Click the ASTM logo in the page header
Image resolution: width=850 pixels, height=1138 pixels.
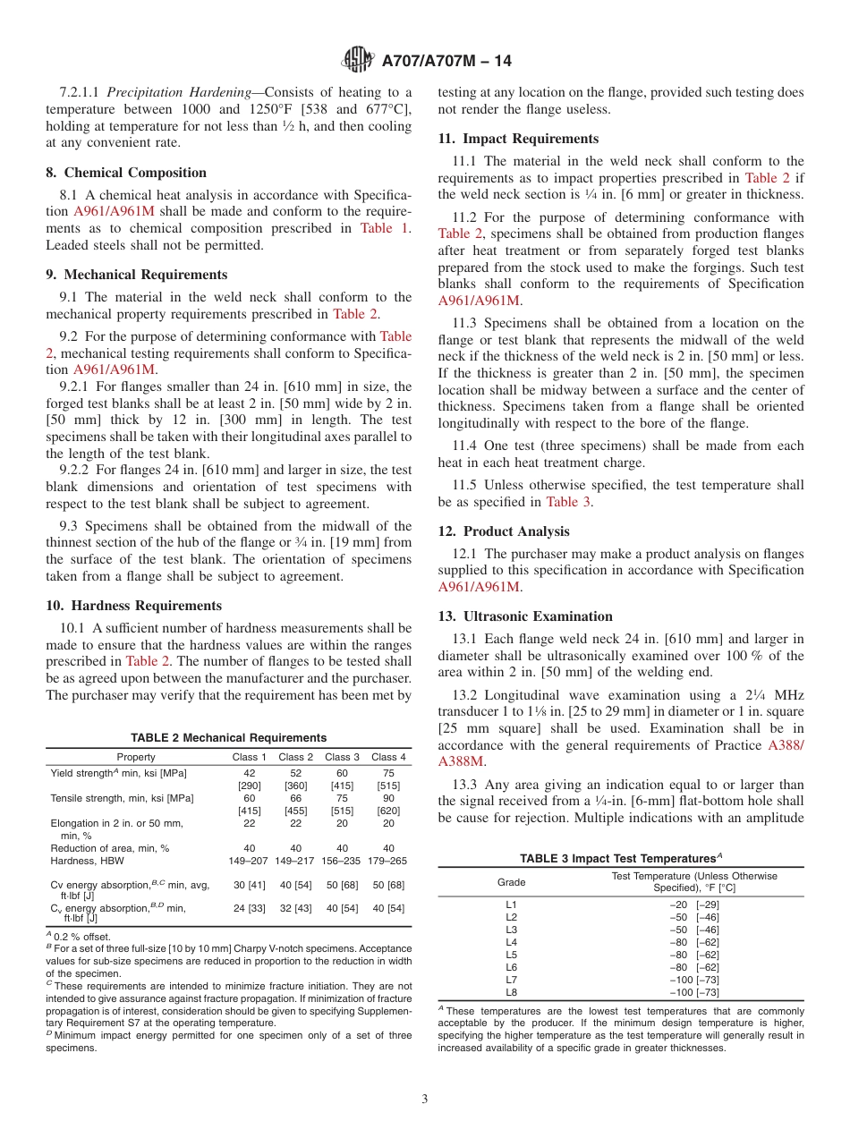pos(358,62)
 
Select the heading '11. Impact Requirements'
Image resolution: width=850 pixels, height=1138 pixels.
pos(518,139)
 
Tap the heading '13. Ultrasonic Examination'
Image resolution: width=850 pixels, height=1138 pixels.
pos(525,616)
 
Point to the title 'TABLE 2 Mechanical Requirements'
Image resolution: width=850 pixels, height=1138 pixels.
pos(228,738)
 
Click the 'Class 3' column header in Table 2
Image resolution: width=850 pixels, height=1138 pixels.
pos(343,757)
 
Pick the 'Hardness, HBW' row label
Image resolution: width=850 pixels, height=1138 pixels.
pos(88,861)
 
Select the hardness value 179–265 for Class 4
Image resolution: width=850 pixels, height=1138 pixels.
pos(389,861)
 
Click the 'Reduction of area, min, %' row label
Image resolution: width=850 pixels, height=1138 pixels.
pos(110,848)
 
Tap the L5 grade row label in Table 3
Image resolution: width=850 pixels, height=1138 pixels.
pos(512,955)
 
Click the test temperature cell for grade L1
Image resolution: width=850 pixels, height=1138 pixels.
pos(694,904)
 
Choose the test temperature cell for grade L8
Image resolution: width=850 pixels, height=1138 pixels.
pos(694,992)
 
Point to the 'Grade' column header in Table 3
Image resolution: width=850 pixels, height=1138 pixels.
pos(512,882)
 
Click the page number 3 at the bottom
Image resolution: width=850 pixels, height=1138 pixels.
pos(425,1100)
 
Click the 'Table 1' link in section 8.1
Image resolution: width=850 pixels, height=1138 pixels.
pos(384,228)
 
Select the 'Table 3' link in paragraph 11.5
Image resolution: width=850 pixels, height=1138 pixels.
pos(568,502)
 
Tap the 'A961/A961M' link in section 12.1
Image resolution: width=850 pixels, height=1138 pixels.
pos(479,587)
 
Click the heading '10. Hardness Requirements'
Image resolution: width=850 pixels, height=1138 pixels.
pos(133,606)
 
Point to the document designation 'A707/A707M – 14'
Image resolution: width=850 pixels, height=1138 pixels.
pos(446,62)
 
